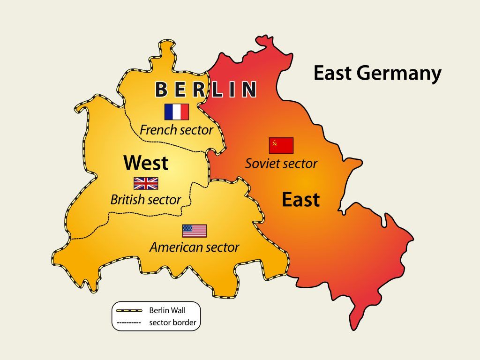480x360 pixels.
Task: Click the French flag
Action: (x=177, y=112)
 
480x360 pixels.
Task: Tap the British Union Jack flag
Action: (x=146, y=183)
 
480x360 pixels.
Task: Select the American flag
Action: (x=195, y=231)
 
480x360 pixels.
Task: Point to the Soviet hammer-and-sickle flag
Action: (x=281, y=145)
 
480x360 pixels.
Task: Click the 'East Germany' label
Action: (x=377, y=74)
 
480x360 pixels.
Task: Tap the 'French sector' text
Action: (x=176, y=130)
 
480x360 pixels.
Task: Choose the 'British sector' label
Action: (x=146, y=200)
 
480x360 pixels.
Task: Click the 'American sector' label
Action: (x=195, y=247)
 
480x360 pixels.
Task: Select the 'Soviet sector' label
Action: (x=281, y=164)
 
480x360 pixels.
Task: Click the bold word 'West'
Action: (x=146, y=163)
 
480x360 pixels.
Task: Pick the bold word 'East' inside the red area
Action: (x=300, y=200)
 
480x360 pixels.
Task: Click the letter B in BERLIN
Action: (x=161, y=90)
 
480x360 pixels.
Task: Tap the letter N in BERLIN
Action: (x=249, y=90)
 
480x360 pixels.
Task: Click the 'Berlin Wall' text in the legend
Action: (x=167, y=310)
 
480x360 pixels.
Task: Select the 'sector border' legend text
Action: (x=172, y=322)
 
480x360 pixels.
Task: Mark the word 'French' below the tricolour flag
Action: (x=156, y=130)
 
